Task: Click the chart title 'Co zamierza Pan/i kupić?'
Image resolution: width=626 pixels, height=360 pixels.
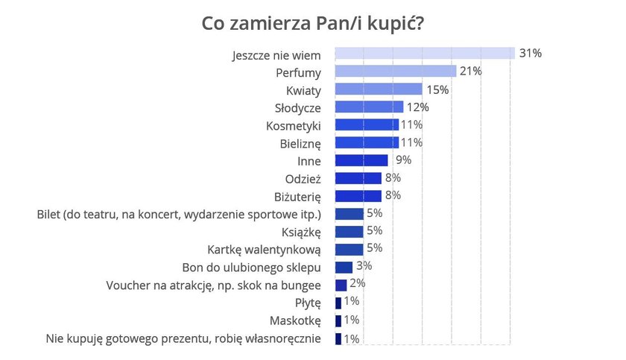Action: tap(313, 23)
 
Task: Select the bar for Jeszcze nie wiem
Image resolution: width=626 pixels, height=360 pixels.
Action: tap(425, 53)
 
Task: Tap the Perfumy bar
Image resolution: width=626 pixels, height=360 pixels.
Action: tap(396, 71)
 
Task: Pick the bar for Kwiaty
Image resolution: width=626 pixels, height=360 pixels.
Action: tap(378, 89)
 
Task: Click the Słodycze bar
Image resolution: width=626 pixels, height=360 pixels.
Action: tap(369, 107)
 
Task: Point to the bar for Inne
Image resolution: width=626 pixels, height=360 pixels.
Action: tap(361, 160)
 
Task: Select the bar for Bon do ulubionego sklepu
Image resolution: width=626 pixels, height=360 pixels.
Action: tap(344, 267)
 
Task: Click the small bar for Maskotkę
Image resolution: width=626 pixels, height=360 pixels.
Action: tap(338, 320)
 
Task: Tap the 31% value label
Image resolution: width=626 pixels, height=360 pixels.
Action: tap(530, 53)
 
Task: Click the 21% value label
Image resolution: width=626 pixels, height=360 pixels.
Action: tap(471, 71)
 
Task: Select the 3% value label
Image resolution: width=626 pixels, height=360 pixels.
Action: tap(363, 266)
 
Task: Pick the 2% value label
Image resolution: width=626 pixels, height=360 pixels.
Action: tap(357, 284)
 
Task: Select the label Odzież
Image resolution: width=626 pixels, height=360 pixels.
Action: tap(303, 178)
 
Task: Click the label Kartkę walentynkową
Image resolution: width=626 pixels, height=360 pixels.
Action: tap(263, 249)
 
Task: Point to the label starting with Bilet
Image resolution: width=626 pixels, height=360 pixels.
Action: tap(179, 214)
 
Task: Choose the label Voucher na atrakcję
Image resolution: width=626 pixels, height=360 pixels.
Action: tap(214, 285)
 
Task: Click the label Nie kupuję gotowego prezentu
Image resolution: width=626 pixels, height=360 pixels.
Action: tap(183, 338)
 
